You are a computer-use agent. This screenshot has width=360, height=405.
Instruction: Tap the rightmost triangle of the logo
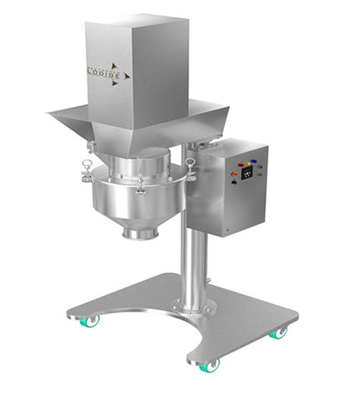128,74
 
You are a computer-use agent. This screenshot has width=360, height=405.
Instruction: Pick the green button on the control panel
258,175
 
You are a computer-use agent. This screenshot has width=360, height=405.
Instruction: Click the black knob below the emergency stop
234,183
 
